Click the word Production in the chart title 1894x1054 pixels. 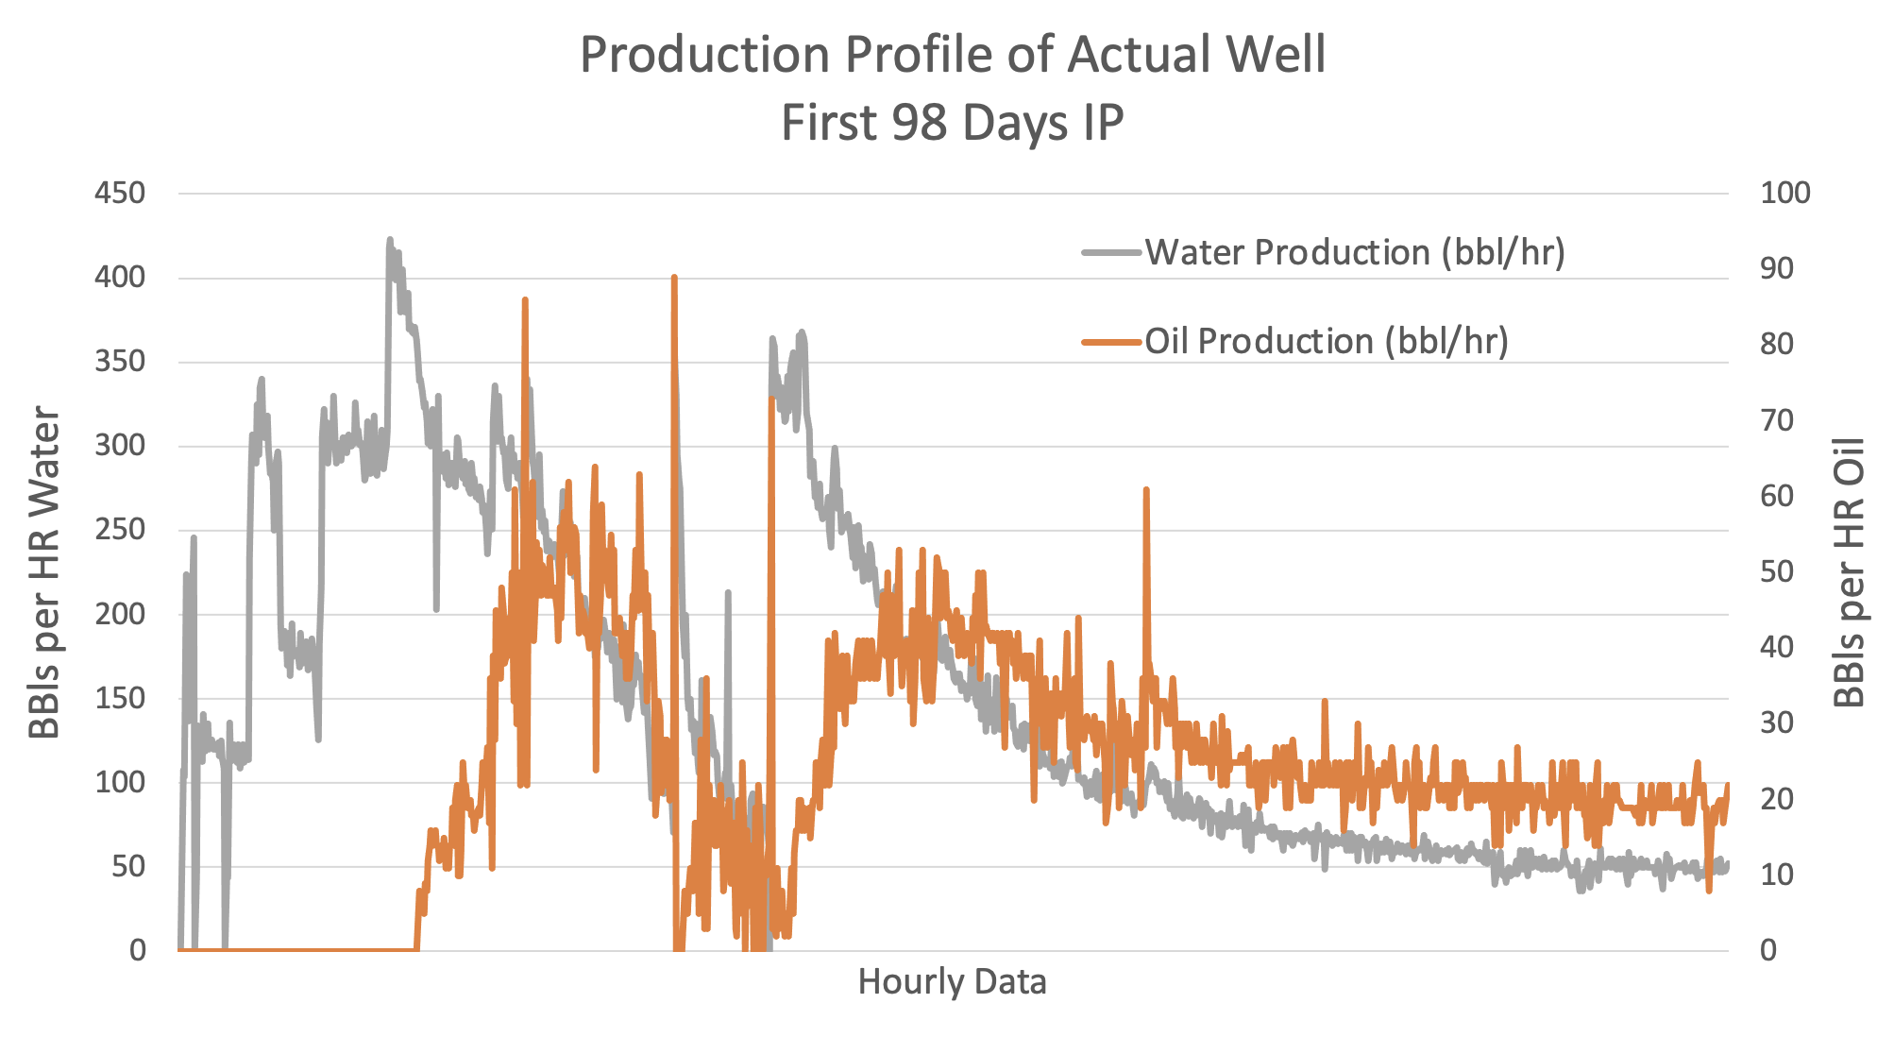tap(704, 55)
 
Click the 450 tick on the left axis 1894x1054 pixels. tap(120, 194)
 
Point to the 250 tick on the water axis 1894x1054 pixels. tap(120, 530)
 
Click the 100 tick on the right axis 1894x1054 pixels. tap(1785, 194)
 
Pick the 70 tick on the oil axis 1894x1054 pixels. tap(1777, 420)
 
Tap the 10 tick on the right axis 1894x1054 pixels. tap(1777, 875)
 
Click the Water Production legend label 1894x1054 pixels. tap(1355, 253)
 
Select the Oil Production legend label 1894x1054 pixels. tap(1327, 341)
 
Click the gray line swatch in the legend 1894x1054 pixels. tap(1111, 253)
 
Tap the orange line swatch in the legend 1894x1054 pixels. tap(1111, 341)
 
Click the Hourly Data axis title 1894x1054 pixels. tap(952, 982)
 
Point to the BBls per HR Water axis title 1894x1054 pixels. tap(44, 572)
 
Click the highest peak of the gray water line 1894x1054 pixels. tap(389, 241)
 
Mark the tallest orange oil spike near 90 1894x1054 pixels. tap(674, 279)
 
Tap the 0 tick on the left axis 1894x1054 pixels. tap(138, 950)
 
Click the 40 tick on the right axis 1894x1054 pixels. tap(1777, 648)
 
